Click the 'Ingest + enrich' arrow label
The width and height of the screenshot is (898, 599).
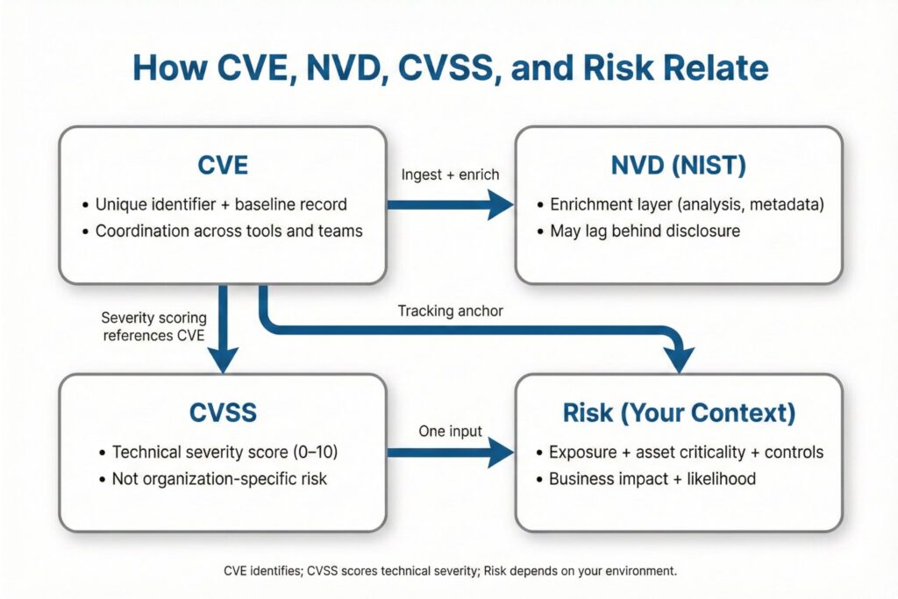point(449,175)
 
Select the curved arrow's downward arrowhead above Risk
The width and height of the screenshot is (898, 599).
point(679,360)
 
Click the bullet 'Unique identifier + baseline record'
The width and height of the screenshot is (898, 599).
point(221,204)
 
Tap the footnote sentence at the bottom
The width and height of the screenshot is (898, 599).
point(450,571)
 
